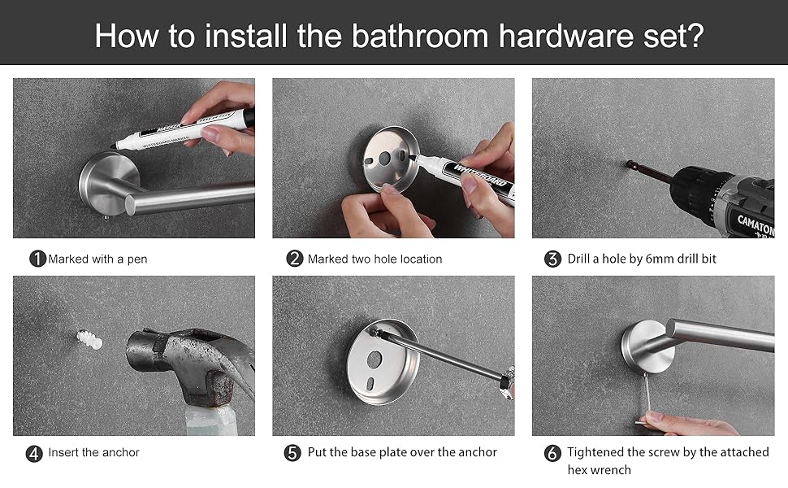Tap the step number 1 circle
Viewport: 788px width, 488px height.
pyautogui.click(x=37, y=259)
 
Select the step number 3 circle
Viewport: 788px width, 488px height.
pyautogui.click(x=552, y=259)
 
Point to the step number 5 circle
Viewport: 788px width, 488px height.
pyautogui.click(x=293, y=453)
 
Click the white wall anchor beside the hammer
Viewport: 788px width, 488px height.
pyautogui.click(x=89, y=341)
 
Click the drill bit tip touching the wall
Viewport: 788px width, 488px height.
pyautogui.click(x=630, y=165)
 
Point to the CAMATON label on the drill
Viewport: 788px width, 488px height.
pyautogui.click(x=755, y=220)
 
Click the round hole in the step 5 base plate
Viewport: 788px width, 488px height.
pyautogui.click(x=375, y=358)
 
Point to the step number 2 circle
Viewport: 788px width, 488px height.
pyautogui.click(x=294, y=259)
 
